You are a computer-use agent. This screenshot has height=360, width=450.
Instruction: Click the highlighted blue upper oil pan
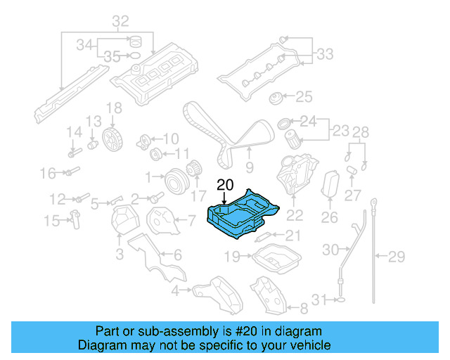243,215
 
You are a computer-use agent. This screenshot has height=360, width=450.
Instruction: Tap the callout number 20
224,186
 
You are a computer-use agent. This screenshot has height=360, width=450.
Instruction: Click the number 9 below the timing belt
249,167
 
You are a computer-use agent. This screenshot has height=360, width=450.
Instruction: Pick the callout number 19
232,257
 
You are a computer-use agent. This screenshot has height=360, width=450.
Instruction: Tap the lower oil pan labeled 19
276,262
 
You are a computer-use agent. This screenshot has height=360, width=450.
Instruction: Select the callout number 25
303,96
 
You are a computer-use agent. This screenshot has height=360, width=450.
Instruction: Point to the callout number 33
325,53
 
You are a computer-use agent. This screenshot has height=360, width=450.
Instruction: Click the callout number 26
330,218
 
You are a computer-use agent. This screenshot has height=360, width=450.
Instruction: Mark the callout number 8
304,308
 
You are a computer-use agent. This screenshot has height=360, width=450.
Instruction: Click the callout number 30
330,249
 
